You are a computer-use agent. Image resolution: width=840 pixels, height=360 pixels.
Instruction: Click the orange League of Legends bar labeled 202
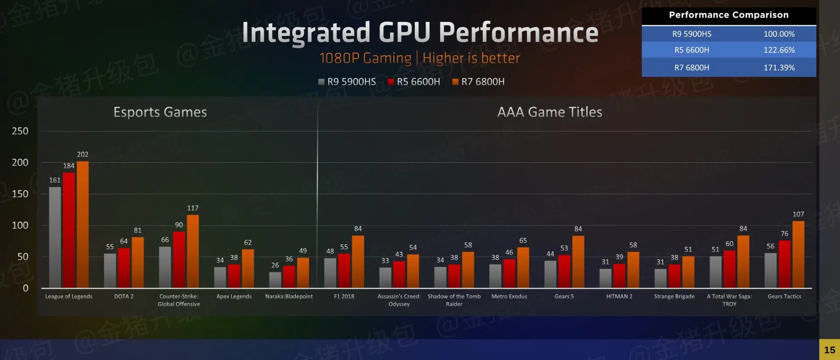[x=83, y=224]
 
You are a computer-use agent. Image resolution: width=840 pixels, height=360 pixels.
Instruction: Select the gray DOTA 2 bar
[x=110, y=270]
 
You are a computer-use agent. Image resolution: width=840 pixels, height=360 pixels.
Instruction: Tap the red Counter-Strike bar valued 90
[x=179, y=259]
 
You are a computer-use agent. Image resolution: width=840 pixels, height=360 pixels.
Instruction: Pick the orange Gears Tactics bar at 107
[x=798, y=254]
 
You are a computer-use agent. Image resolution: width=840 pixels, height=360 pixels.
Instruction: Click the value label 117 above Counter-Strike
[x=192, y=208]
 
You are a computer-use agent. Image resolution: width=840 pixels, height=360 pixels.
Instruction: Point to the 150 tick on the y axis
[x=20, y=194]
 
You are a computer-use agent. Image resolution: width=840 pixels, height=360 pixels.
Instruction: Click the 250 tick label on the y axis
[x=20, y=131]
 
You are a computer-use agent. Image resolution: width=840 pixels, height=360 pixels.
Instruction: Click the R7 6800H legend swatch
[x=455, y=82]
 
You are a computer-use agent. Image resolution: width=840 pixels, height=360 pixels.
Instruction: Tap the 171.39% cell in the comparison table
[x=779, y=68]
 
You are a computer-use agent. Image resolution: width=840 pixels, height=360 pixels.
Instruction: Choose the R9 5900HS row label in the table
[x=691, y=34]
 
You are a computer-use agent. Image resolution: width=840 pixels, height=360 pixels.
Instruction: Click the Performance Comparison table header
[x=728, y=15]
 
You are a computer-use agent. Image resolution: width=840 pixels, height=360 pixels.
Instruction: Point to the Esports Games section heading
[x=160, y=112]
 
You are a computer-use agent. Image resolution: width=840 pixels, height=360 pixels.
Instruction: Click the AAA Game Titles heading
[x=549, y=112]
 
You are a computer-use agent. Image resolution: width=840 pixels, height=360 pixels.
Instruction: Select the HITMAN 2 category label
[x=619, y=297]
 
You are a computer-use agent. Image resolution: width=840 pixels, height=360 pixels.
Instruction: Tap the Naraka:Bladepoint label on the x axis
[x=289, y=297]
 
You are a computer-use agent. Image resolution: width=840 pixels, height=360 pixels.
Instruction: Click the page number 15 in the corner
[x=829, y=350]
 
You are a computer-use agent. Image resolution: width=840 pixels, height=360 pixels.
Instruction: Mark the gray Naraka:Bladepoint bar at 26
[x=275, y=280]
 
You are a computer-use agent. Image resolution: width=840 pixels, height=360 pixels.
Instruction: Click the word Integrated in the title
[x=306, y=33]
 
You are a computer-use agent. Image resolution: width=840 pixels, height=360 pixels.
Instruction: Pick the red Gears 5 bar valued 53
[x=564, y=271]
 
